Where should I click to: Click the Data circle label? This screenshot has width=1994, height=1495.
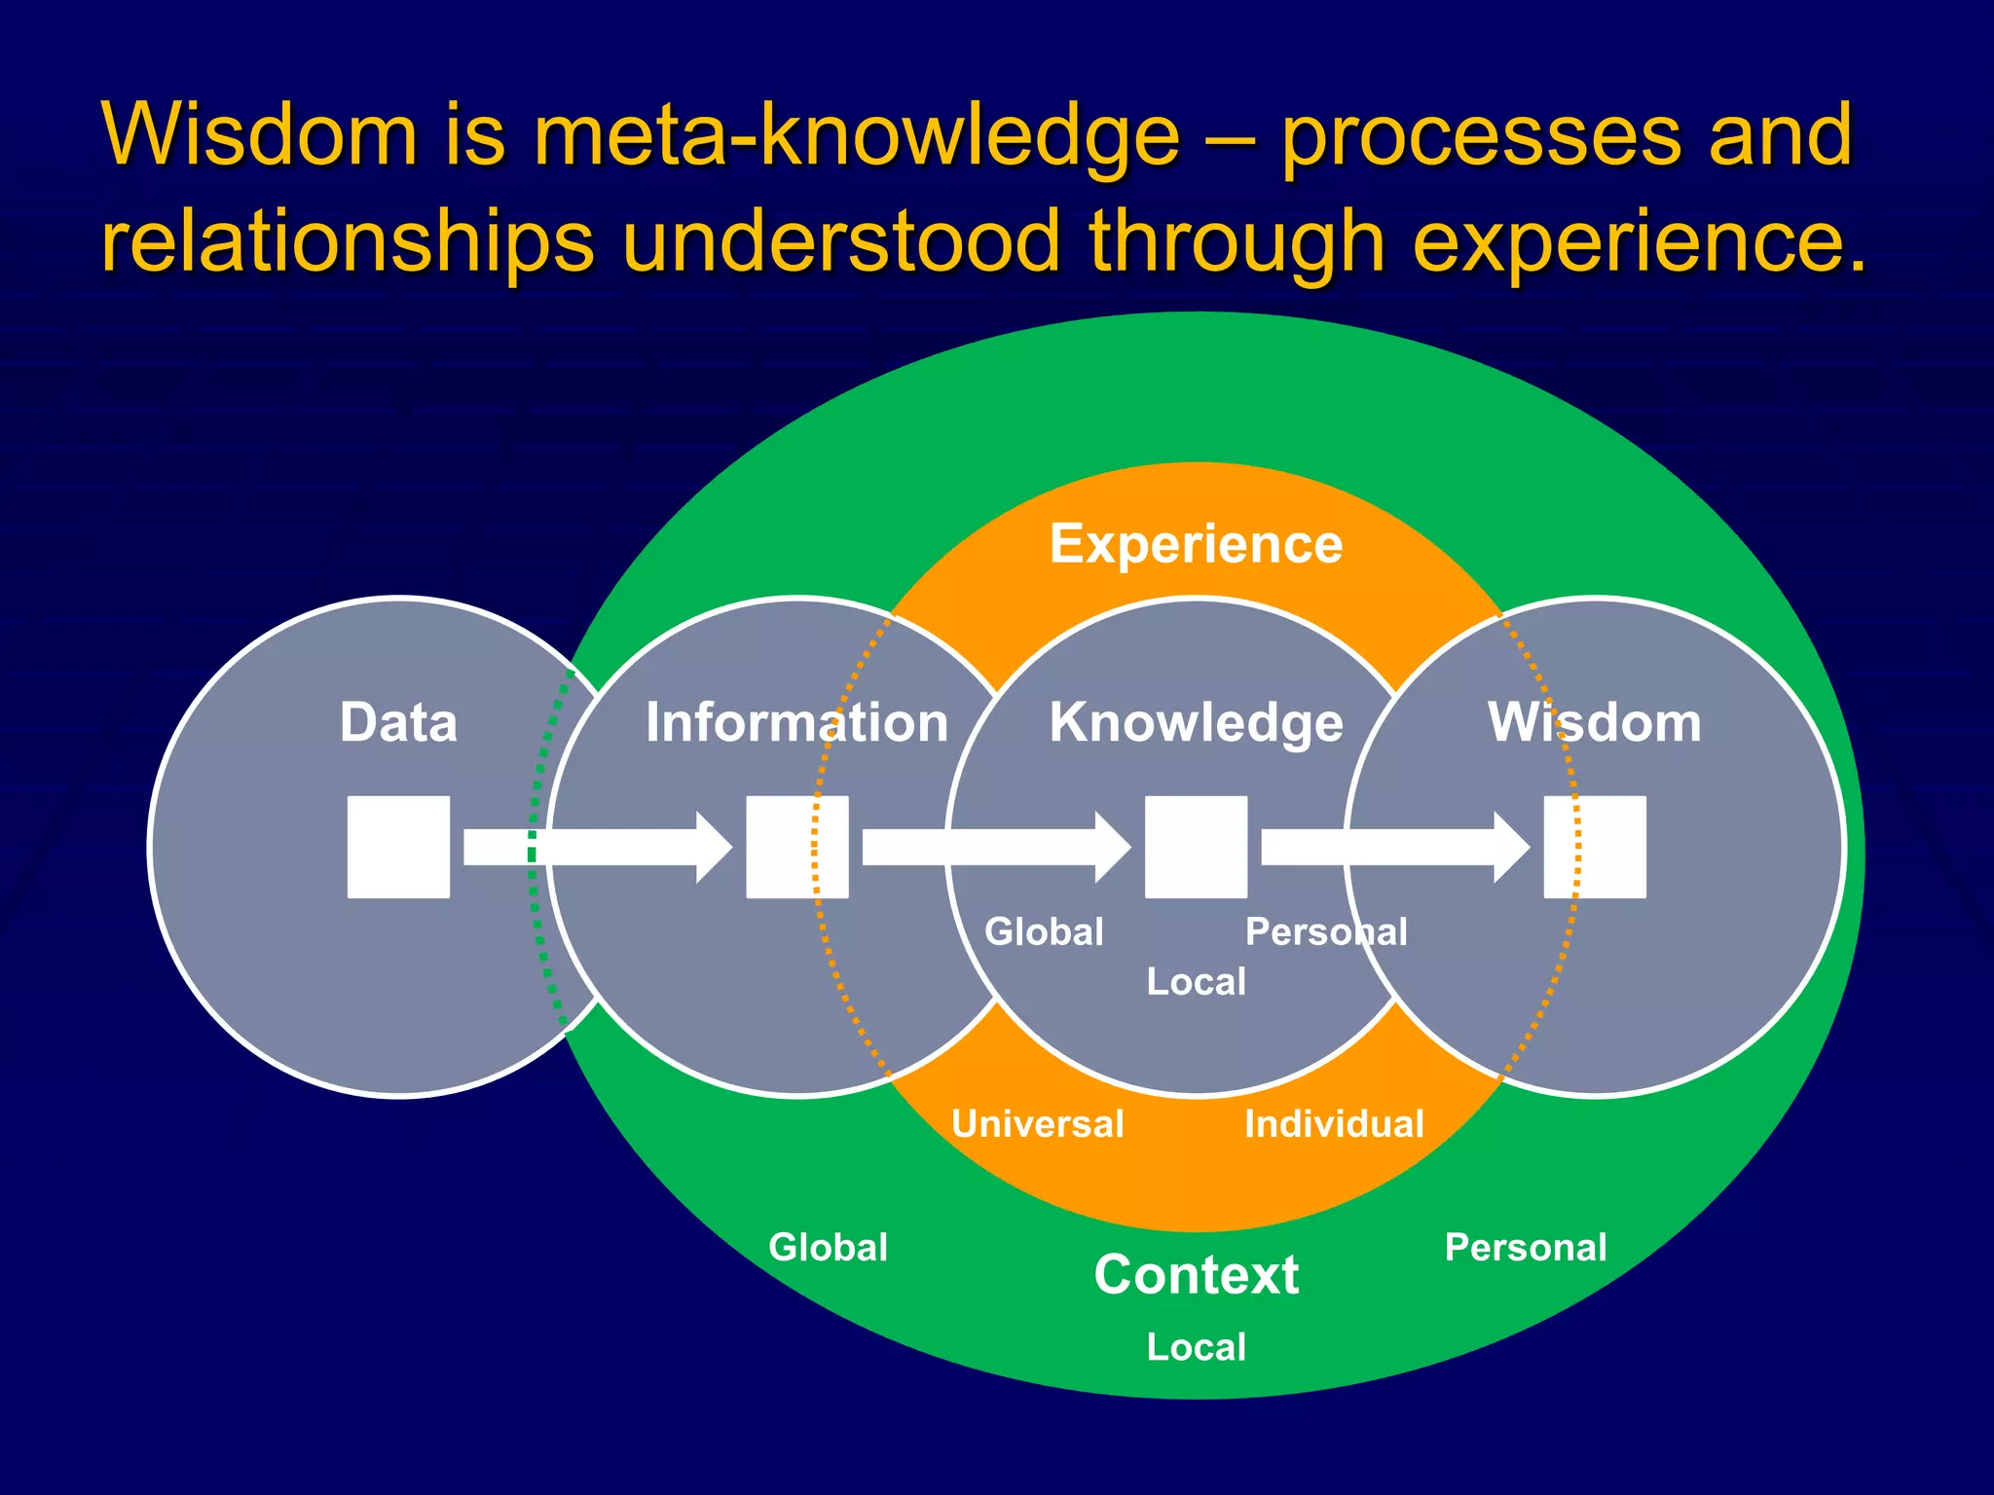398,723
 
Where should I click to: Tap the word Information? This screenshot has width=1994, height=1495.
796,723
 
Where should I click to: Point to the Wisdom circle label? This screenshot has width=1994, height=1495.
1594,723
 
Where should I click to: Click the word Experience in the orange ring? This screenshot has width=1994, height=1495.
1196,544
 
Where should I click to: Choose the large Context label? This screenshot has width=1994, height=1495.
1196,1275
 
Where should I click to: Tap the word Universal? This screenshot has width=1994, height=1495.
1037,1124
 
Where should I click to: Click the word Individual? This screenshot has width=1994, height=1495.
1334,1124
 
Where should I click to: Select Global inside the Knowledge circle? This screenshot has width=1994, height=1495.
1044,932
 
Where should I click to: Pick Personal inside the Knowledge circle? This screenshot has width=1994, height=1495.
1326,932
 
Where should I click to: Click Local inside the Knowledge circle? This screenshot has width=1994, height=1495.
1196,982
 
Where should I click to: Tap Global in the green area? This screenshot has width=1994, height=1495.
828,1248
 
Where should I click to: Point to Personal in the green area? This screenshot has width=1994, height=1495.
1525,1248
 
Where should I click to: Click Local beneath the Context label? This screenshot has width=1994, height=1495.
1196,1348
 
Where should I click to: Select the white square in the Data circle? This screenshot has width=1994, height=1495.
398,847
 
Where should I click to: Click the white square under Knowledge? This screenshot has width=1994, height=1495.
1196,847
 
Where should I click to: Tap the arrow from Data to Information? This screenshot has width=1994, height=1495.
596,847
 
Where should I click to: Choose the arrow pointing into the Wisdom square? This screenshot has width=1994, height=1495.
1394,847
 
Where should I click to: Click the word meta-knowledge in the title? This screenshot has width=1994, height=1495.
857,136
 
